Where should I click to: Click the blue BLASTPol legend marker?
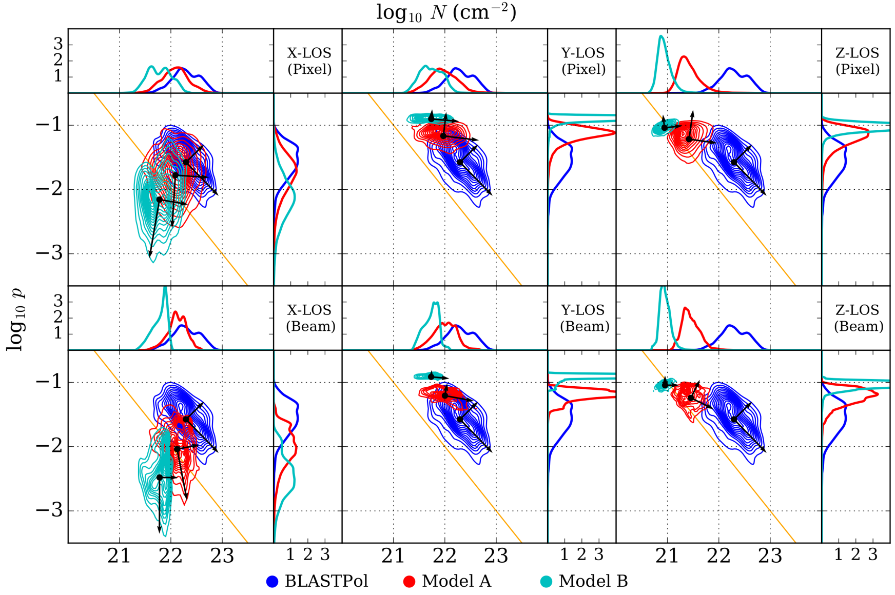click(273, 581)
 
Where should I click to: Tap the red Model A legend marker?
click(409, 581)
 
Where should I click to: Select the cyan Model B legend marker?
click(547, 581)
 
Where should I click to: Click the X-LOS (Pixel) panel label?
click(309, 61)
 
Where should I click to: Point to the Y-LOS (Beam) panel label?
click(584, 318)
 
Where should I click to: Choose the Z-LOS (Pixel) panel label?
click(857, 61)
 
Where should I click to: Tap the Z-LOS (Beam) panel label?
click(858, 318)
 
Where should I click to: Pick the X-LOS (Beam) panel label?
click(310, 318)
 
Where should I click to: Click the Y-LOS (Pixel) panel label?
click(583, 61)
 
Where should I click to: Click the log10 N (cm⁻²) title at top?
click(446, 12)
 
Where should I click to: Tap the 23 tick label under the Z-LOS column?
click(770, 556)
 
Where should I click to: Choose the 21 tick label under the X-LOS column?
click(119, 556)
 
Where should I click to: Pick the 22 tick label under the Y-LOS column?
click(444, 556)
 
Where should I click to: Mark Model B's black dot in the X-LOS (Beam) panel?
click(160, 478)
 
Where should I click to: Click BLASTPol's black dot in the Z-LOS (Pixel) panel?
click(734, 163)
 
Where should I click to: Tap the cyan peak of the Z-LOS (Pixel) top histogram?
click(661, 36)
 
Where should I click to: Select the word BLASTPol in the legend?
click(326, 581)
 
